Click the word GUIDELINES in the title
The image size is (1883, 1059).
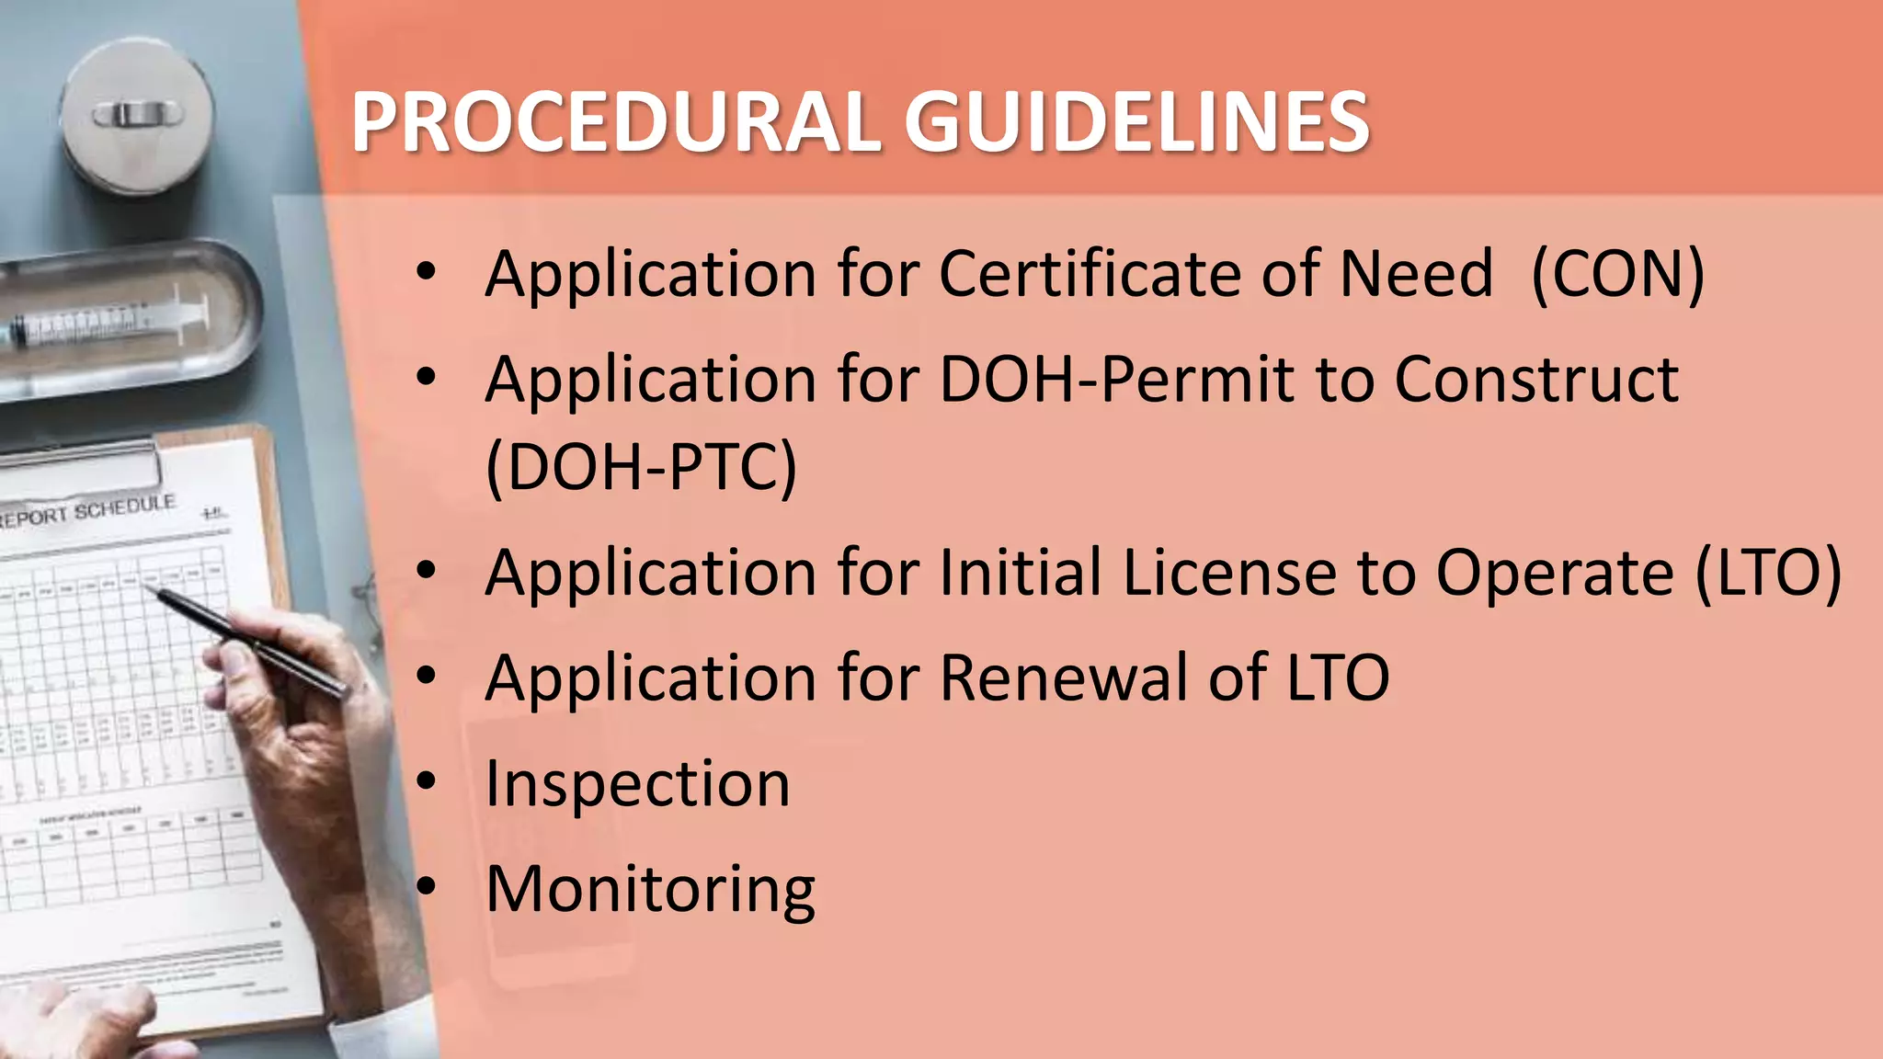tap(1137, 122)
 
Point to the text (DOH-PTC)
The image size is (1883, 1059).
tap(641, 467)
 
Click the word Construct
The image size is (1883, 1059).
tap(1536, 380)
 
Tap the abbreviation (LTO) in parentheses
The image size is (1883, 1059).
tap(1768, 573)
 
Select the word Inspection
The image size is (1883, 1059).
tap(637, 784)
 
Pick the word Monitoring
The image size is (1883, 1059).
tap(650, 890)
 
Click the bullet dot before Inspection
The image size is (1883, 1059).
tap(426, 782)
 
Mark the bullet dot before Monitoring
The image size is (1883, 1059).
tap(426, 887)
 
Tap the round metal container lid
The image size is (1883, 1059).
tap(138, 115)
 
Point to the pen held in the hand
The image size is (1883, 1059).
tap(248, 639)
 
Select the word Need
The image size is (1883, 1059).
tap(1417, 274)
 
